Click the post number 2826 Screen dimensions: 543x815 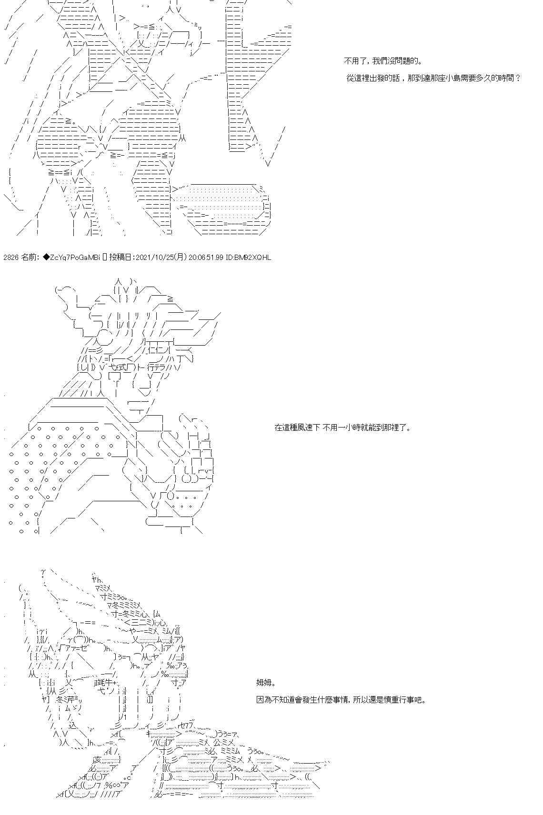point(10,258)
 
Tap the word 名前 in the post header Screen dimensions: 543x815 point(29,258)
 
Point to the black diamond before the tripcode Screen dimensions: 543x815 point(46,258)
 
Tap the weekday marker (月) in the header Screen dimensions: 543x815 point(181,258)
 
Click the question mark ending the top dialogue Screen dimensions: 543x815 point(518,78)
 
